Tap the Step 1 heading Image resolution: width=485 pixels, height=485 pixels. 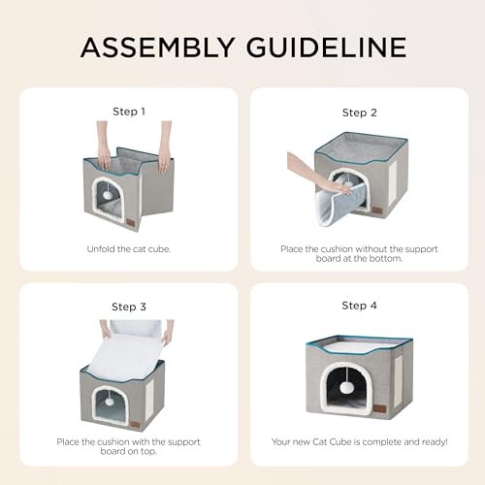(129, 112)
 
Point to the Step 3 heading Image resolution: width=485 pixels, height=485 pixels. (129, 307)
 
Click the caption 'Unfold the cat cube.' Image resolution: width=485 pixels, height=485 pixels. (129, 248)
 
